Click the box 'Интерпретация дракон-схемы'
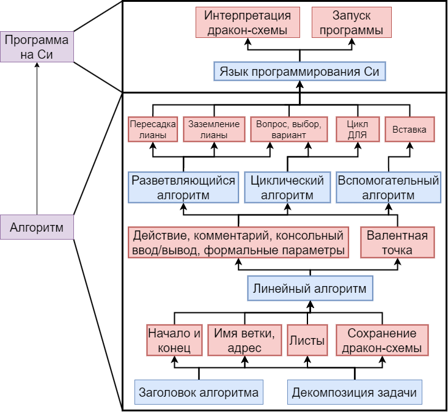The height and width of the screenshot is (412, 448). [248, 23]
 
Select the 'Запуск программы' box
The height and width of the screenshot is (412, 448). [351, 23]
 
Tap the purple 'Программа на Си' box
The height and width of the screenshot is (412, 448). [37, 47]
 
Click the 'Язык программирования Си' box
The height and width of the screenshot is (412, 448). [299, 72]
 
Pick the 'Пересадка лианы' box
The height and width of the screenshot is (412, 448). [153, 129]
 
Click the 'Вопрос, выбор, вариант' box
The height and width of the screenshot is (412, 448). [288, 129]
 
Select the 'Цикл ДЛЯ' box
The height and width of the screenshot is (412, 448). [357, 129]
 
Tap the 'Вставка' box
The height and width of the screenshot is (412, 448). [409, 129]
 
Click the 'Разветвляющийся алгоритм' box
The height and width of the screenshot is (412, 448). [183, 188]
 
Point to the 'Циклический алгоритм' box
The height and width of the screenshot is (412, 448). [287, 188]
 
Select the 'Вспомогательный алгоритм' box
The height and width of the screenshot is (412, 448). [388, 188]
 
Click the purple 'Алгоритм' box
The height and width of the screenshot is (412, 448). [37, 227]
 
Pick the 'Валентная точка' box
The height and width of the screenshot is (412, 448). [397, 243]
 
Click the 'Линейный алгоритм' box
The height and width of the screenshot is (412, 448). [310, 288]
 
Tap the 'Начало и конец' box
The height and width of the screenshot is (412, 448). [174, 340]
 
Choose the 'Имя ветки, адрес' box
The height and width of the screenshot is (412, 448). [244, 340]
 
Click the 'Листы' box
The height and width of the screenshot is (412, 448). [307, 340]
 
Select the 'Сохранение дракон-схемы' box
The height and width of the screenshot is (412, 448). [381, 340]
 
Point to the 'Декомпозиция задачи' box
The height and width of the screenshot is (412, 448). [354, 392]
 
